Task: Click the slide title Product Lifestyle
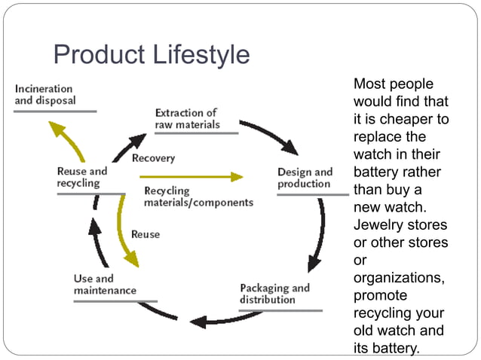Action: coord(151,55)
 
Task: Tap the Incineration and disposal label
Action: coord(46,95)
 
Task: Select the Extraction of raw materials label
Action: coord(187,118)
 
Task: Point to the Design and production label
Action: coord(305,178)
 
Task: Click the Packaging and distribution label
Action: coord(274,294)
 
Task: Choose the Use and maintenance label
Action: coord(105,285)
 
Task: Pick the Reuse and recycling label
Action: coord(82,177)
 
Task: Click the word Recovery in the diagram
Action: coord(153,158)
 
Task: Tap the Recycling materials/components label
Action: coord(198,197)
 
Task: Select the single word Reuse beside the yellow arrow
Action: coord(146,234)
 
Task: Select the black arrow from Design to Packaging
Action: coord(318,233)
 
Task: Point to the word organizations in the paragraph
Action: coord(399,278)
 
